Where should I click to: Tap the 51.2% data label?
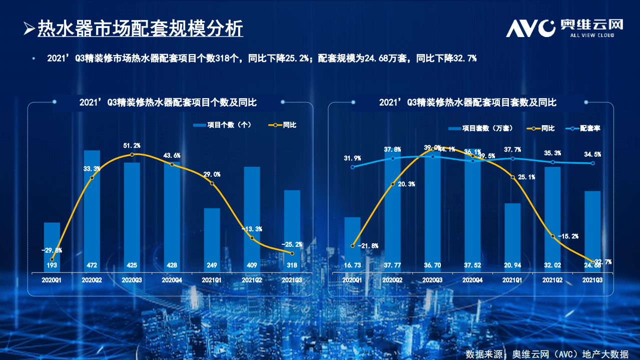pos(132,146)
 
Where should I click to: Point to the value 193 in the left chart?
pos(52,264)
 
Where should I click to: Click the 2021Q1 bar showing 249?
pos(212,235)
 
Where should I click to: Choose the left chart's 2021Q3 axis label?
pos(292,280)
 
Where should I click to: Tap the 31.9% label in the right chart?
pos(352,158)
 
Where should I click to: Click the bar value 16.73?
pos(352,264)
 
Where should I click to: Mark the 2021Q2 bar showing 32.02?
pos(552,215)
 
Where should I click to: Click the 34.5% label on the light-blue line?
pos(592,154)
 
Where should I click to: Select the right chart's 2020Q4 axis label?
pos(472,280)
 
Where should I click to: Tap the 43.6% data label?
pos(172,156)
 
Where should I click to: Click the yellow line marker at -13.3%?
pos(252,238)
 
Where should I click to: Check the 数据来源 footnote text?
pos(546,354)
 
